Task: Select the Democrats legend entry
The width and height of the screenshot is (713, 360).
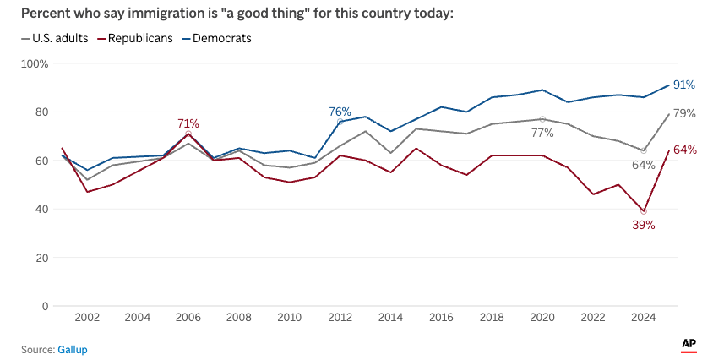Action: click(222, 38)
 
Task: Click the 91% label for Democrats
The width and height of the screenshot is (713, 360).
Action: click(684, 85)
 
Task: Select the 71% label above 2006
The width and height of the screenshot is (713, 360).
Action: click(188, 123)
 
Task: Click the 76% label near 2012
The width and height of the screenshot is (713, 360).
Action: click(340, 112)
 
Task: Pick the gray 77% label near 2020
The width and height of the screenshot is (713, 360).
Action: click(542, 133)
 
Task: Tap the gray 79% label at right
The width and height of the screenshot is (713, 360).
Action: click(684, 114)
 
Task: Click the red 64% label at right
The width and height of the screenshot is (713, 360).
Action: click(684, 150)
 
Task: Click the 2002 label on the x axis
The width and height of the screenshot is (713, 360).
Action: click(88, 318)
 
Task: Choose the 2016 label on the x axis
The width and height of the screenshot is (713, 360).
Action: click(441, 318)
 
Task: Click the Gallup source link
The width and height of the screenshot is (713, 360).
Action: click(72, 349)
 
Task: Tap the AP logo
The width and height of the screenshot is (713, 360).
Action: click(689, 344)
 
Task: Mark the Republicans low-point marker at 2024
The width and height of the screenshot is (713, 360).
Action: click(644, 211)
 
